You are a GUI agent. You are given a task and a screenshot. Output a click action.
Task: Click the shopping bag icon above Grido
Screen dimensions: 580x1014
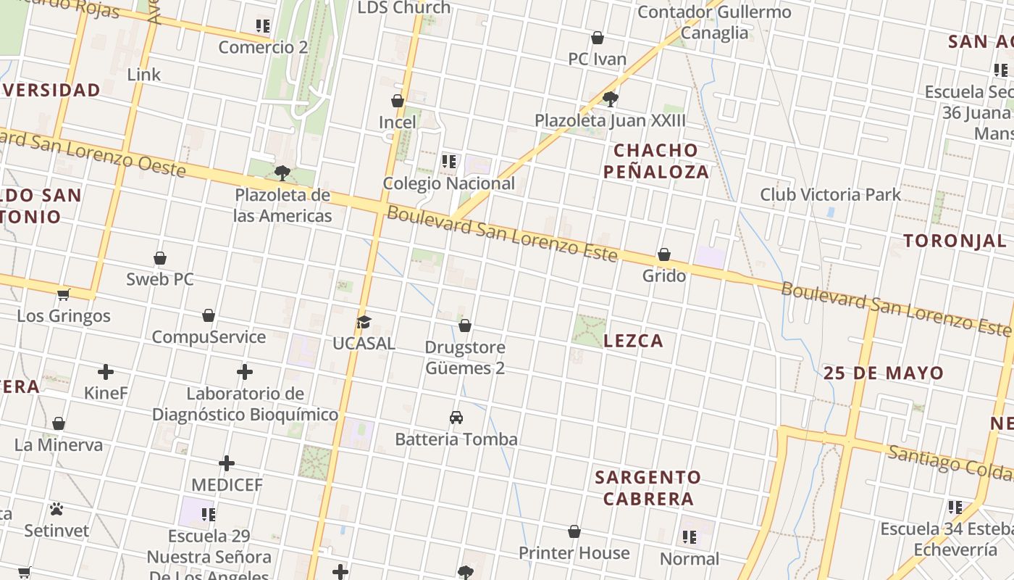tap(663, 254)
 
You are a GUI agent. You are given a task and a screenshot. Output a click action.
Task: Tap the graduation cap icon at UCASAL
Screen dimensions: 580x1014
tap(364, 322)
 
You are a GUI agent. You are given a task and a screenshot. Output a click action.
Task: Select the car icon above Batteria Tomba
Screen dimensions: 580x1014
tap(456, 418)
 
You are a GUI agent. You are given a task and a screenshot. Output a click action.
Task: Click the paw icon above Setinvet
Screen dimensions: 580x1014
tap(56, 509)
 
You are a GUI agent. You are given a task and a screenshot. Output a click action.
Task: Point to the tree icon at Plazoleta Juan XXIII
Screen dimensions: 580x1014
tap(610, 99)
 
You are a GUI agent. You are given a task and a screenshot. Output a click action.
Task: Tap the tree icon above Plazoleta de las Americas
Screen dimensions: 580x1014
tap(282, 173)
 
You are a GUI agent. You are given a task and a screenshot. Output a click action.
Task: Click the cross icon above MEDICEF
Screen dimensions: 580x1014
tap(227, 463)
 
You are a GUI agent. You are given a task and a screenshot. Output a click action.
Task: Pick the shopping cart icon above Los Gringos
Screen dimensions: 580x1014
tap(63, 294)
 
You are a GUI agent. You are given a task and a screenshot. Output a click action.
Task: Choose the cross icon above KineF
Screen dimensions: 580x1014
tap(106, 372)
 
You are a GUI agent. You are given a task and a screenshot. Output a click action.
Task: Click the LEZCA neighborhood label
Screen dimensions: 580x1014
tap(633, 341)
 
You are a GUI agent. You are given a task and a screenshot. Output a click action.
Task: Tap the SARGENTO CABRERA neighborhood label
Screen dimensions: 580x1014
tap(648, 488)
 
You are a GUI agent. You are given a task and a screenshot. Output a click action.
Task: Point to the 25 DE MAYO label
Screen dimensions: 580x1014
tap(883, 373)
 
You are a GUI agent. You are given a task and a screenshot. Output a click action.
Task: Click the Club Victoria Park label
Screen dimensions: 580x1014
tap(830, 194)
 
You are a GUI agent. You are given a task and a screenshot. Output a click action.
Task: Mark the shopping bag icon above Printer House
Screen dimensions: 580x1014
tap(574, 531)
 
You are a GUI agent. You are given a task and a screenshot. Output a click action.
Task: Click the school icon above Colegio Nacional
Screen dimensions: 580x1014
tap(449, 161)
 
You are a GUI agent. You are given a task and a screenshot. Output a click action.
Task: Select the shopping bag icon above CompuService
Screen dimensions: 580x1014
tap(209, 315)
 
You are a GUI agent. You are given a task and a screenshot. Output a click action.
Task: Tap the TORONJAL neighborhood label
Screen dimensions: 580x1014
tap(954, 241)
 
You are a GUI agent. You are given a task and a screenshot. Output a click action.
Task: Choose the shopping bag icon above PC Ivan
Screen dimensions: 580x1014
tap(598, 38)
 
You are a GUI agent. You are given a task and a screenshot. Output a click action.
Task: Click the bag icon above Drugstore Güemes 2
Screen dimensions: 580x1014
tap(465, 326)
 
